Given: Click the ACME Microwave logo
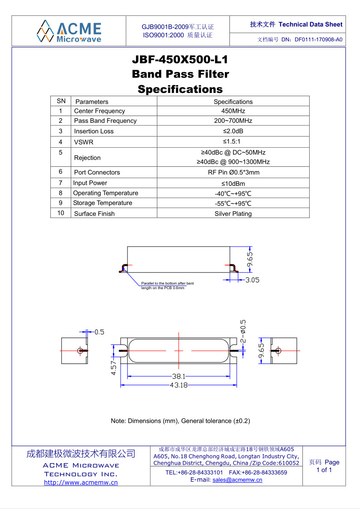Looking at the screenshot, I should pyautogui.click(x=69, y=31).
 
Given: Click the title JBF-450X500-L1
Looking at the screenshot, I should pyautogui.click(x=180, y=60).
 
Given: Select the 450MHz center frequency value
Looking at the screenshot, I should pyautogui.click(x=233, y=111).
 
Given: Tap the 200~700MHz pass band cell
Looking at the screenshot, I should pyautogui.click(x=233, y=121).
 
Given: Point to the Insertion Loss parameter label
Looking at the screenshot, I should pyautogui.click(x=94, y=131).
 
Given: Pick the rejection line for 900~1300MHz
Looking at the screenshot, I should pyautogui.click(x=233, y=162).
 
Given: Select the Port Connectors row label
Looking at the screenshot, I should pyautogui.click(x=97, y=173).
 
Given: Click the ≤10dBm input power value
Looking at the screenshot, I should pyautogui.click(x=233, y=184).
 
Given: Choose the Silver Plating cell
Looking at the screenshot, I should pyautogui.click(x=233, y=214).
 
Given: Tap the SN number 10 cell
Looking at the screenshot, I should pyautogui.click(x=61, y=213).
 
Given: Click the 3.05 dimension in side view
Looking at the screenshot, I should pyautogui.click(x=252, y=280).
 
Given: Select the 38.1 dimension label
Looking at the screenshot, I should pyautogui.click(x=179, y=376).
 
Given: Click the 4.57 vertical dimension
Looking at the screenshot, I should pyautogui.click(x=114, y=367).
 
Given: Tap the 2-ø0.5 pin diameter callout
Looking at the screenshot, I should pyautogui.click(x=243, y=331).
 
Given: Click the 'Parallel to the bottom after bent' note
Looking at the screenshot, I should pyautogui.click(x=167, y=283).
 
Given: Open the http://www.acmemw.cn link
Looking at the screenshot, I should pyautogui.click(x=81, y=482).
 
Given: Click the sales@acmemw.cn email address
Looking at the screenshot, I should pyautogui.click(x=238, y=480).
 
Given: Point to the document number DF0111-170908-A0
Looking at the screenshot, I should pyautogui.click(x=318, y=39).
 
